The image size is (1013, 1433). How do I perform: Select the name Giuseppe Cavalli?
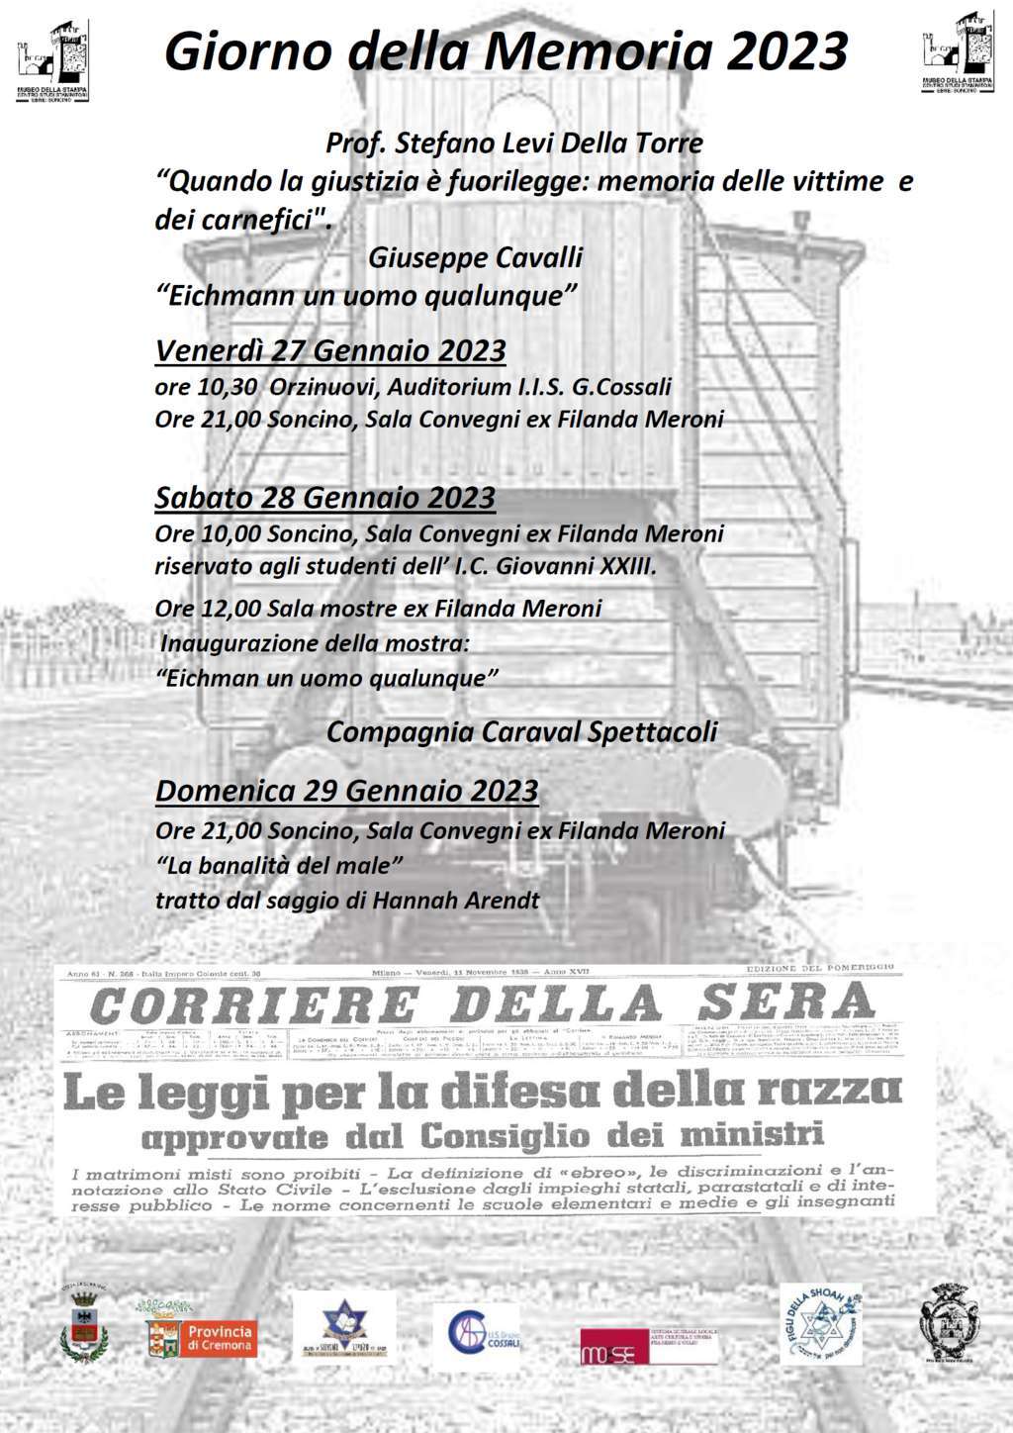coord(475,258)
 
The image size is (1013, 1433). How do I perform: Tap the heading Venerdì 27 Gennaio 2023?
coord(330,350)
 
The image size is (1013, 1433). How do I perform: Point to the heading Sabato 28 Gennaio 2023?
coord(324,497)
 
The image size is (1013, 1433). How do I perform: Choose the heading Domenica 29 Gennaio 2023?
coord(347,791)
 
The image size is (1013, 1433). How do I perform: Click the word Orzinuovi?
coord(318,386)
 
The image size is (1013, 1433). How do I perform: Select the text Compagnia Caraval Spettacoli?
coord(521,732)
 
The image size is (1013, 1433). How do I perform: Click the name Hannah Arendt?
coord(476,901)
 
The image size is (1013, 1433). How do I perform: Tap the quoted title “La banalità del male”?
coord(280,865)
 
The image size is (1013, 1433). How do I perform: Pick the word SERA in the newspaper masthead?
coord(785,1004)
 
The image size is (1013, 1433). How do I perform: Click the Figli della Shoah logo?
coord(820,1324)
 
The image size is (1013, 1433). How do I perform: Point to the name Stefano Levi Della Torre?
coord(548,143)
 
